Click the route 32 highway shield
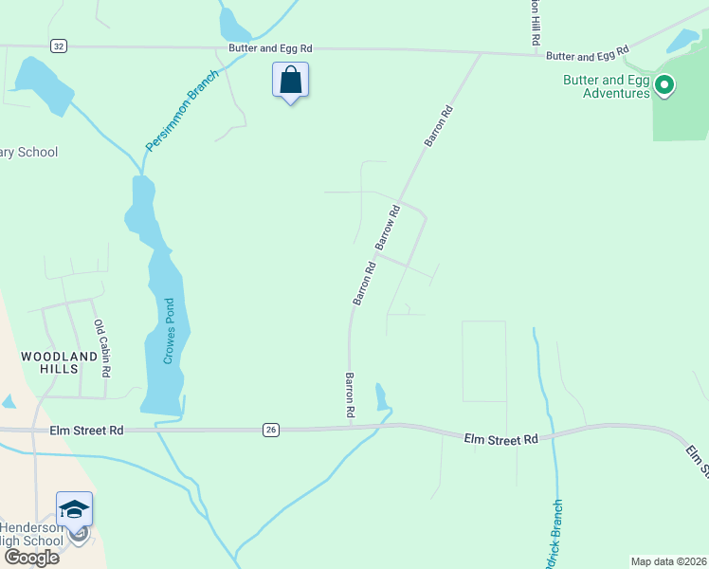tap(59, 46)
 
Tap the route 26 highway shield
tap(271, 431)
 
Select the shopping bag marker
tap(290, 82)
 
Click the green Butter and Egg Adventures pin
tap(664, 86)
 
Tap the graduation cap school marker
tap(75, 510)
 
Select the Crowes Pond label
tap(168, 331)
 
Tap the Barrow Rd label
tap(389, 228)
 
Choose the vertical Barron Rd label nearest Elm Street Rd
tap(349, 395)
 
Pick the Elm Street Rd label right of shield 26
tap(501, 439)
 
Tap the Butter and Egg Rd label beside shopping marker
tap(270, 47)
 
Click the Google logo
tap(31, 557)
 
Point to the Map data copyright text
tap(668, 561)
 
